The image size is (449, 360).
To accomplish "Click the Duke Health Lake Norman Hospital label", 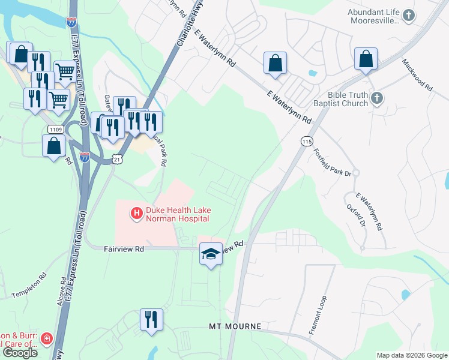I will coord(177,214).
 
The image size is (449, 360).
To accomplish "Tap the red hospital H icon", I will coord(137,212).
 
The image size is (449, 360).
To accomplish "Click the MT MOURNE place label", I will coord(235,326).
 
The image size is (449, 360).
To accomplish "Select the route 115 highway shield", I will coord(307,140).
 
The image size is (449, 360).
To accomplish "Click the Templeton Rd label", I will coord(29,287).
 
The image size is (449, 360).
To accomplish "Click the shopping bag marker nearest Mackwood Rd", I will coord(366,59).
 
